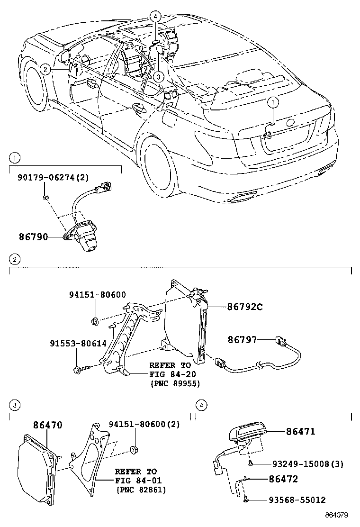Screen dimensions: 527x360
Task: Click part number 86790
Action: pos(33,236)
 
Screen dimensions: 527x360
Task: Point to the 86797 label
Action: pos(242,340)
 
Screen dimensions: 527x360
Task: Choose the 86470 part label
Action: pos(47,426)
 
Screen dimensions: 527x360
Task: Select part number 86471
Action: pos(300,431)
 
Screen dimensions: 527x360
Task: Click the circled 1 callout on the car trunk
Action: pos(273,102)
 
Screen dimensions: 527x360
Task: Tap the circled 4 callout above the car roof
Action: pos(157,17)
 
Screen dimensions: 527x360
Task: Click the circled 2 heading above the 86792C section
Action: pos(15,259)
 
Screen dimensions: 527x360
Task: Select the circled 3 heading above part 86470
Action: pos(15,405)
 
